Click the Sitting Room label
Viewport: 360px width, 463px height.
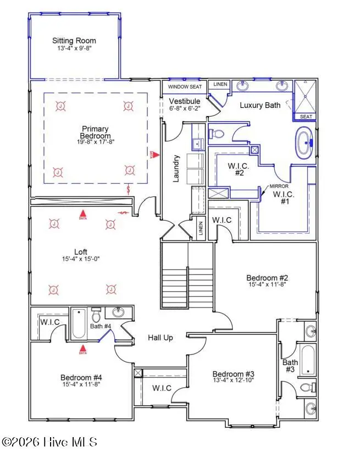coord(74,41)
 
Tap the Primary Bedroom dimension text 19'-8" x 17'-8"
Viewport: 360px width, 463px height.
coord(96,142)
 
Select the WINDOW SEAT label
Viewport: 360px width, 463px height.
coord(185,87)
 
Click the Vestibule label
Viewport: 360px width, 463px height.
coord(185,102)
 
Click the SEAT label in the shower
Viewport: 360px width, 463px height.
coord(306,117)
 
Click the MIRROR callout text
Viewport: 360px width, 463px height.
coord(279,186)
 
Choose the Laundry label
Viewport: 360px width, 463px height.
coord(176,169)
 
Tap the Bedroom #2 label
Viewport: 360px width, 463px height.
coord(268,278)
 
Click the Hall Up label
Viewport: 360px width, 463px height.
coord(160,338)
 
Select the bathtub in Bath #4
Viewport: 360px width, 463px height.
coord(78,323)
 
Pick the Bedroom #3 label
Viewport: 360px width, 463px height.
coord(233,374)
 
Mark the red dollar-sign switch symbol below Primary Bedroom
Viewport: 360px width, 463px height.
coord(129,190)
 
